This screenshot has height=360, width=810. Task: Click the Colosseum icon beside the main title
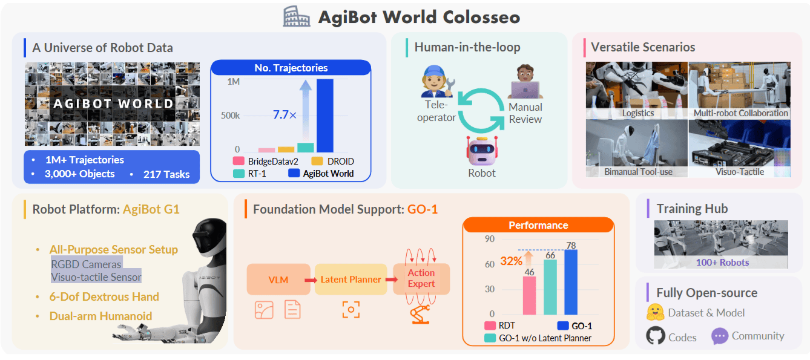coord(296,16)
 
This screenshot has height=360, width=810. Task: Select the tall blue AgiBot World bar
coord(325,115)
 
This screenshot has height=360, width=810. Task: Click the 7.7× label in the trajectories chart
coord(284,114)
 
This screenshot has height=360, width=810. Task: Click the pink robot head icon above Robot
coord(482,150)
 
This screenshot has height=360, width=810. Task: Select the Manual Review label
coord(525,113)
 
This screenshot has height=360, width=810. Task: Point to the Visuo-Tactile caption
coord(739,172)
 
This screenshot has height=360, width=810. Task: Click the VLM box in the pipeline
coord(278,280)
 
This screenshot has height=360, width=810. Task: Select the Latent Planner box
coord(351,280)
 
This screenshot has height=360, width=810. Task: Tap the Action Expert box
coord(421,279)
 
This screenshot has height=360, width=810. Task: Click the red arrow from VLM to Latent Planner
coord(311,280)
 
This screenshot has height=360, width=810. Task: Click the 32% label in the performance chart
coord(512,261)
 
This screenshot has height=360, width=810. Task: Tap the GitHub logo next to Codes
coord(655,336)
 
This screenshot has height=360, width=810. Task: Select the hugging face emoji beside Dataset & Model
coord(655,313)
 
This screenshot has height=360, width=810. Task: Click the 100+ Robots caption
coord(721,263)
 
